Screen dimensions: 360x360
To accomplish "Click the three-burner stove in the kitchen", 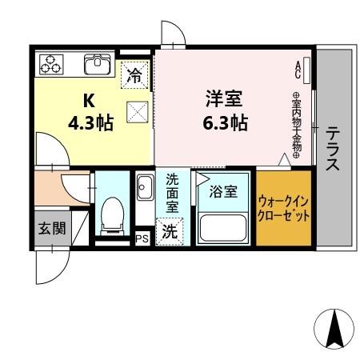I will pos(52,63).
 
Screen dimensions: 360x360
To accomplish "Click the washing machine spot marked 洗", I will pos(170,232).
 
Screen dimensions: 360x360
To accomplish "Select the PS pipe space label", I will pos(142,238).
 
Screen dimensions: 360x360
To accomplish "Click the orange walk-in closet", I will pos(282,207).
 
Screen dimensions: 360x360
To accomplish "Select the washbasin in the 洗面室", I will pos(145,190).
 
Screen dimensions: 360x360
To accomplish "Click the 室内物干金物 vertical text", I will pos(295,125).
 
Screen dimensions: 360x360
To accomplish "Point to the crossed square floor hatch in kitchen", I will pos(137,113).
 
